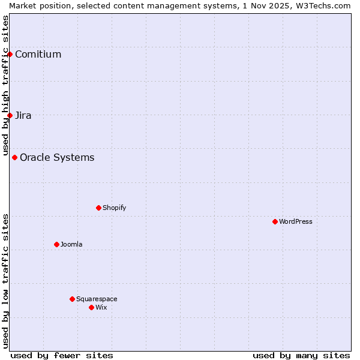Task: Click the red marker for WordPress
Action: pos(275,221)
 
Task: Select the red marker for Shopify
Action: pos(98,208)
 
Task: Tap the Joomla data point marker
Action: pos(56,244)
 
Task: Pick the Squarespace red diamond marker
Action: pos(72,299)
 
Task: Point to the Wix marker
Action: pos(91,307)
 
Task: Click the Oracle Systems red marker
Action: pos(14,157)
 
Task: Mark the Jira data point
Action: pos(10,115)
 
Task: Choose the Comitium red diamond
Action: pos(10,54)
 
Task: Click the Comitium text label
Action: pos(38,55)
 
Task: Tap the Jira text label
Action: pos(23,116)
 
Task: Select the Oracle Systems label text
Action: pos(57,158)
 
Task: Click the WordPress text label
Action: pos(296,221)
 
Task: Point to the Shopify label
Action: pos(114,208)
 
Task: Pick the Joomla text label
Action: pos(71,244)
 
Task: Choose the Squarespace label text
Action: pos(97,299)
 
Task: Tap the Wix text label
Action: pos(101,307)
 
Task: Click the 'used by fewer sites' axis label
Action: pos(62,355)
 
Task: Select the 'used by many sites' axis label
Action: pos(301,355)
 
